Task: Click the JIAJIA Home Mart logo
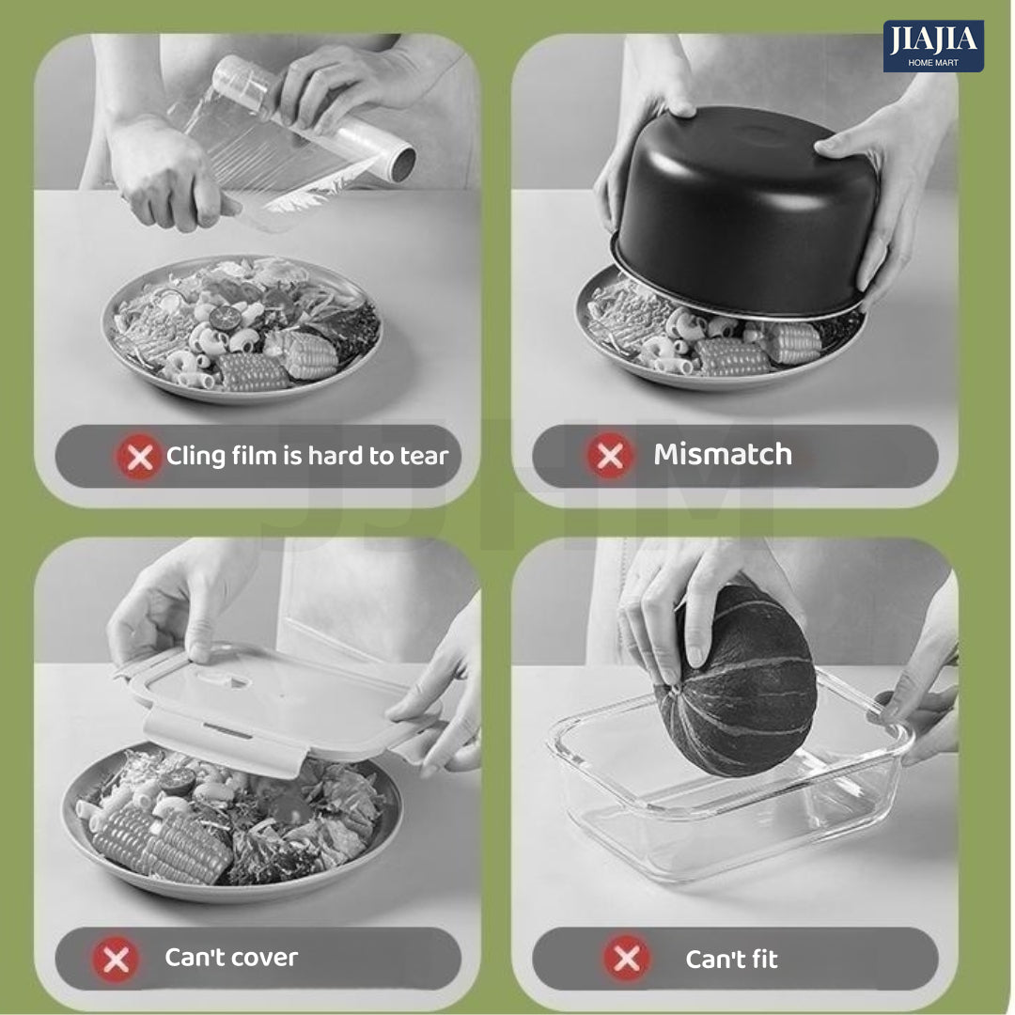(x=933, y=46)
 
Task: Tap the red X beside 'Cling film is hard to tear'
(x=139, y=458)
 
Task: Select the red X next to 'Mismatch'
(x=610, y=455)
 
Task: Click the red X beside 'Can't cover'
(x=116, y=960)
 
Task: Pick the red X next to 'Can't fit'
(x=627, y=958)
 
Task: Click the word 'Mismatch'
(x=723, y=455)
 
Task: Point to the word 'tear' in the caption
(x=424, y=457)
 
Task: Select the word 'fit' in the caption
(x=764, y=959)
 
